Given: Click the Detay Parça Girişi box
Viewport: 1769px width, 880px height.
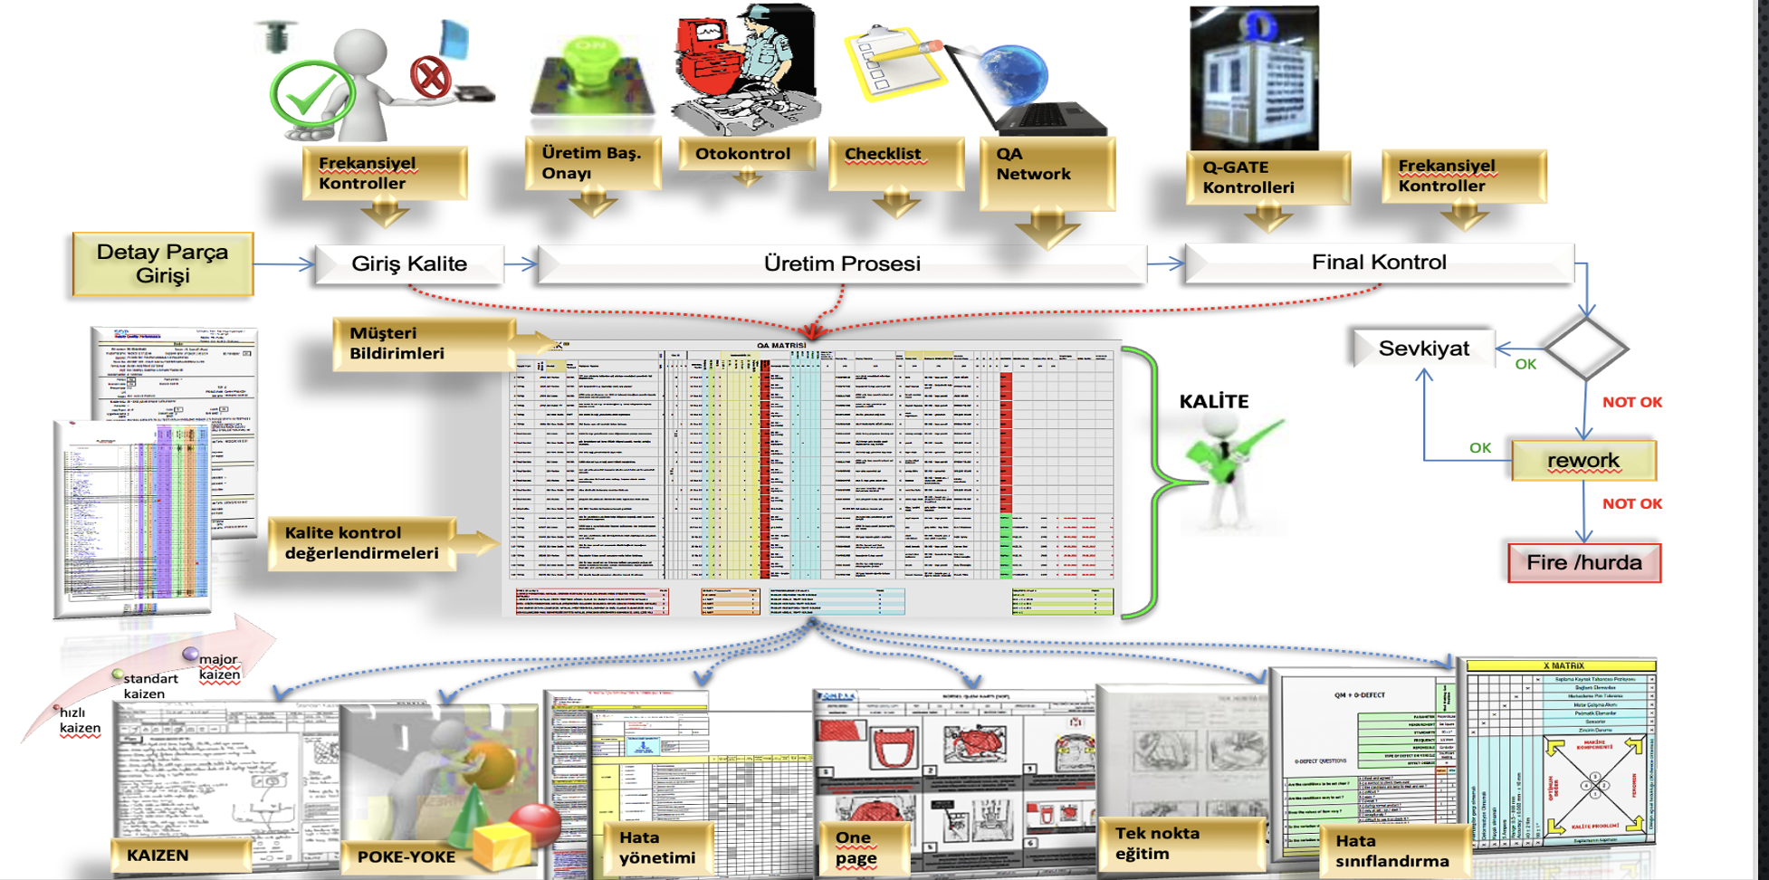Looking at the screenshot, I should [x=163, y=263].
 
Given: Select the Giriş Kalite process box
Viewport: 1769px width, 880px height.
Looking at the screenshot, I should [x=409, y=263].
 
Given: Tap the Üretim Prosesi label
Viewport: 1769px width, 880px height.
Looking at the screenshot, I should [x=842, y=263].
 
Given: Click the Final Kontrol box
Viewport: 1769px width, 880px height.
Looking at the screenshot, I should [x=1379, y=263].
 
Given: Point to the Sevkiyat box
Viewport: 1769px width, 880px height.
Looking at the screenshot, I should [x=1423, y=349].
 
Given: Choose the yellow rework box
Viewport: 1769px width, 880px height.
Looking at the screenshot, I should [x=1583, y=460].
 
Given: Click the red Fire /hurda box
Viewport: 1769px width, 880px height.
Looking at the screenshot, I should [x=1584, y=562].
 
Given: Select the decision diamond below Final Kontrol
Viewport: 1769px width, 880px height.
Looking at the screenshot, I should [x=1586, y=348].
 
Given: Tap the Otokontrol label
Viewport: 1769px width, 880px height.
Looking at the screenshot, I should [x=743, y=154].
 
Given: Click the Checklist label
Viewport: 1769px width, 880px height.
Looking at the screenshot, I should [x=884, y=154].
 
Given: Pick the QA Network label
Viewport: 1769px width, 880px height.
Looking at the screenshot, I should [x=1034, y=164].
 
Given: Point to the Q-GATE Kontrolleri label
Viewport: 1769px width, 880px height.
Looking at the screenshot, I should [x=1248, y=177].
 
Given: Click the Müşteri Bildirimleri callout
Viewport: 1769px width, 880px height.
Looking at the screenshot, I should [x=397, y=343].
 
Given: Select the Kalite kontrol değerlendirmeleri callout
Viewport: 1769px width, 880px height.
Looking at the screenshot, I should [x=362, y=542].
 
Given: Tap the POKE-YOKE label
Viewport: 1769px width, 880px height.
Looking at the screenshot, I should [x=406, y=856].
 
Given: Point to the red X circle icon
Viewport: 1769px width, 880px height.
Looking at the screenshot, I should [x=430, y=77].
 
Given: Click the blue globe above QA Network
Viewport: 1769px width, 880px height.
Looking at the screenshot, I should [x=1011, y=73].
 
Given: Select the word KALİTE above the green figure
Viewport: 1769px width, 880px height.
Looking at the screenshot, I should [x=1213, y=401].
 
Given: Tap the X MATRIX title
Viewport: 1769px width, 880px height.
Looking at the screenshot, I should [x=1563, y=665].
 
